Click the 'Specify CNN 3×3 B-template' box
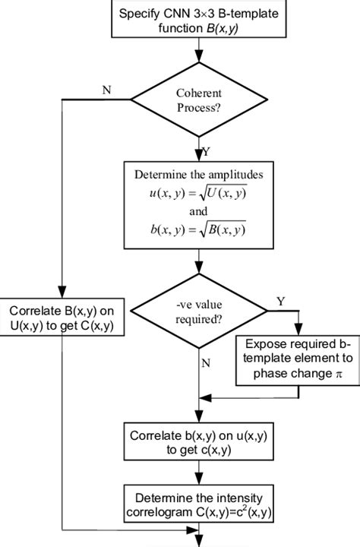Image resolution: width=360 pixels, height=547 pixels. [198, 18]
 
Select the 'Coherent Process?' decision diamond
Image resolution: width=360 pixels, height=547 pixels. [198, 99]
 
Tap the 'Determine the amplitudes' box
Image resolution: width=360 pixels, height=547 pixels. [198, 204]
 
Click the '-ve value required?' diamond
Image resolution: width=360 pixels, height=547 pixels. [198, 310]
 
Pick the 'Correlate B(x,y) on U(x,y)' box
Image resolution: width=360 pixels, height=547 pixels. [61, 319]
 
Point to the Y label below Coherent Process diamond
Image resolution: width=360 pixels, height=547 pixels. [207, 150]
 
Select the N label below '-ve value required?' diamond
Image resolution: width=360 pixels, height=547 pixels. [207, 363]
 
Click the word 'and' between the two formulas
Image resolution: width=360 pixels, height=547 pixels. [198, 213]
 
